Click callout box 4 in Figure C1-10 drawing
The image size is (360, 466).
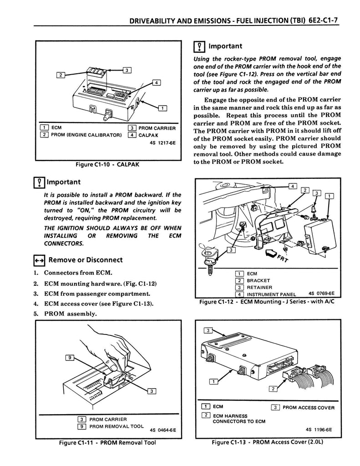point(156,82)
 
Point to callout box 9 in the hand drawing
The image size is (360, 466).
point(70,358)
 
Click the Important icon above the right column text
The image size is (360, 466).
point(198,46)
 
